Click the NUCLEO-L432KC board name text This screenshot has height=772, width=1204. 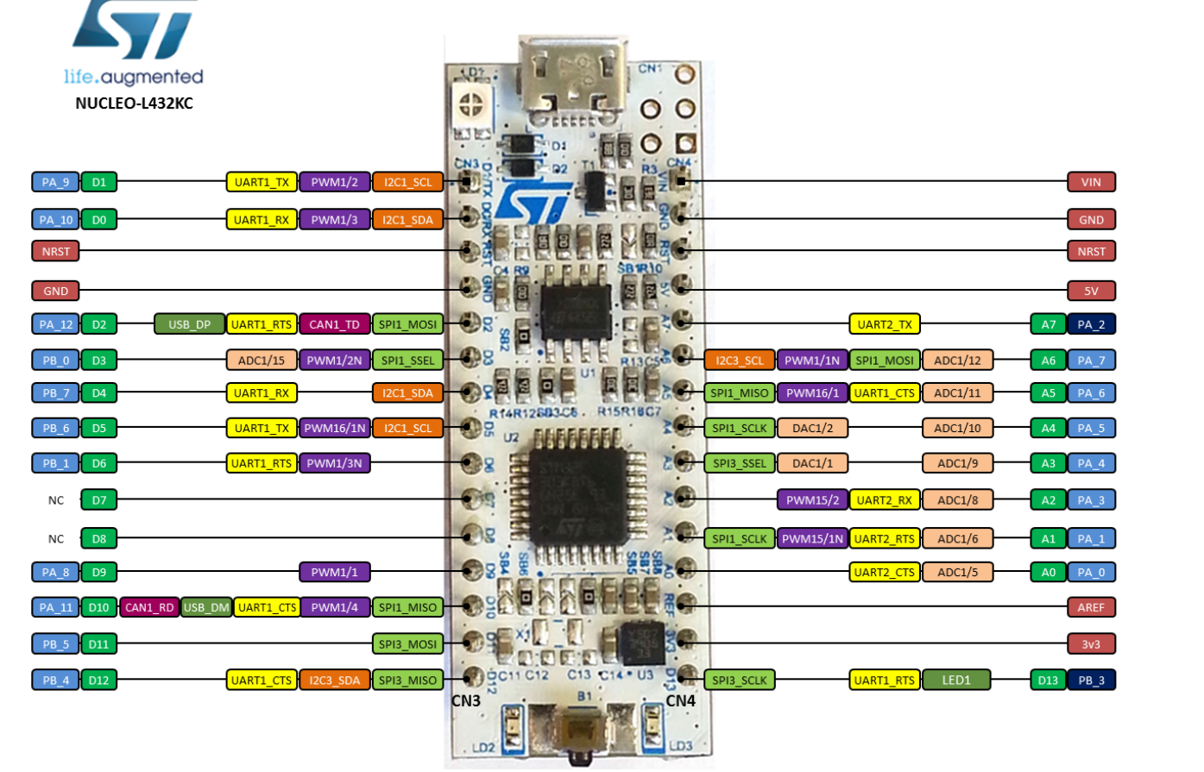[134, 104]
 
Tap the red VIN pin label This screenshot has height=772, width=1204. [1091, 182]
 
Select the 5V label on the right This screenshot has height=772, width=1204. [1091, 291]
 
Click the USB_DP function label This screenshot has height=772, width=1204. [189, 324]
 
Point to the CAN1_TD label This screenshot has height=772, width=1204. [334, 324]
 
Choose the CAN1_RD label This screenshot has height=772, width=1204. [149, 607]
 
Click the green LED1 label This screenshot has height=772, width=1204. [955, 680]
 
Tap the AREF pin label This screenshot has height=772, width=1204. [1091, 607]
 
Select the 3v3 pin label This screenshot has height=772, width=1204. [1091, 643]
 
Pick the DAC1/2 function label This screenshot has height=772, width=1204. [812, 428]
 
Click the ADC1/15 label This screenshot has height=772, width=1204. [262, 360]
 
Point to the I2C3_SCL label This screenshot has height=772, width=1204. [739, 360]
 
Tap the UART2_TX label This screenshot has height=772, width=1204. [885, 324]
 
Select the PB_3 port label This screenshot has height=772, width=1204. [1091, 680]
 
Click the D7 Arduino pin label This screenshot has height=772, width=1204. [99, 499]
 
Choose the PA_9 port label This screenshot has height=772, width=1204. [55, 182]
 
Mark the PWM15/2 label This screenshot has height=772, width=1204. [812, 499]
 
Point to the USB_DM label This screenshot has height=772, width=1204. [207, 607]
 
